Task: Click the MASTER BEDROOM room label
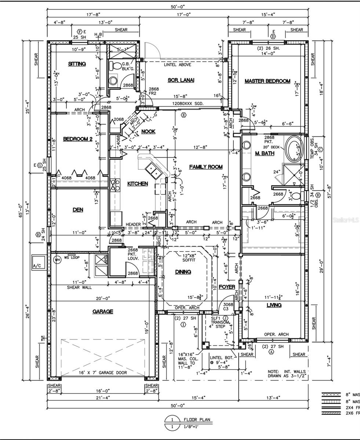(267, 81)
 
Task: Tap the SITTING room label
(77, 64)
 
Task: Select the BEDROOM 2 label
(77, 139)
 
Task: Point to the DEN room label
(78, 210)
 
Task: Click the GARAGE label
(102, 311)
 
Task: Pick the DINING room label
(183, 272)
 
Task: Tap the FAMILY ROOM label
(206, 167)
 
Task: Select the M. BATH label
(265, 153)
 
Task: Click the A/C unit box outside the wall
(37, 263)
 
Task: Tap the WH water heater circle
(57, 260)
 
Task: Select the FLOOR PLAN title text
(197, 419)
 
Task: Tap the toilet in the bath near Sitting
(117, 66)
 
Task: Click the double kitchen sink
(152, 170)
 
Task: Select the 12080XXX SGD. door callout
(188, 104)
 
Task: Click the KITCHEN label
(138, 183)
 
